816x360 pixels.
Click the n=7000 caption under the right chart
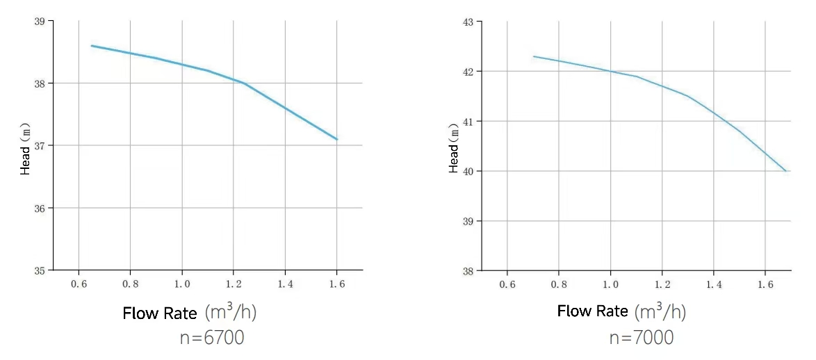tap(641, 338)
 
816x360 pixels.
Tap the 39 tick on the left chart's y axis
tap(40, 22)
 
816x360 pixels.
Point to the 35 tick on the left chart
tap(40, 270)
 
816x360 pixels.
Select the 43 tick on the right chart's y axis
tap(468, 22)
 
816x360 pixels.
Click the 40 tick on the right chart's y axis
tap(468, 171)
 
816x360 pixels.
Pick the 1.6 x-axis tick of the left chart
tap(336, 284)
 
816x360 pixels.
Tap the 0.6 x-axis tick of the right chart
tap(507, 284)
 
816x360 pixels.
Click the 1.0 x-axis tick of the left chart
tap(182, 284)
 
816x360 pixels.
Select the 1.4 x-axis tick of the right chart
tap(713, 284)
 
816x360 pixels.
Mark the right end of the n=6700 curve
tap(337, 140)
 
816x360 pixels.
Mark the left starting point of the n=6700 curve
tap(92, 46)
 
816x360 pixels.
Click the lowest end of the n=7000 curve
tap(785, 171)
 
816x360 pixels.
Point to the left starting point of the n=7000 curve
tap(534, 56)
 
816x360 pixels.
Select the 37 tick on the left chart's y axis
tap(40, 146)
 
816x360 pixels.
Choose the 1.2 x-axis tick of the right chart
tap(662, 284)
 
